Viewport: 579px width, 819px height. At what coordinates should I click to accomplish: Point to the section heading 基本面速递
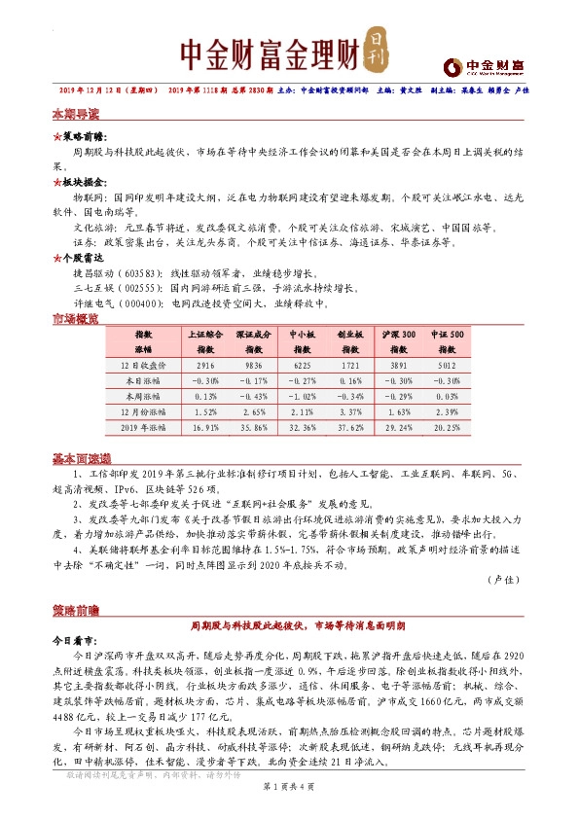(81, 457)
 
